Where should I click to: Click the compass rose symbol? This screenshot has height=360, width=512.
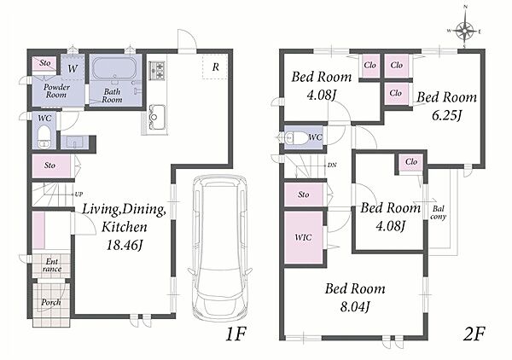465,32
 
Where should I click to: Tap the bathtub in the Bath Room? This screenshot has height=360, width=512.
114,68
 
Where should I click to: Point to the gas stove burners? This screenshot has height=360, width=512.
157,71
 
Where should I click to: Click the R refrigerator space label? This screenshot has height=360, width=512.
216,67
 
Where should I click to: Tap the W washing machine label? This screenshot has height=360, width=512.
73,68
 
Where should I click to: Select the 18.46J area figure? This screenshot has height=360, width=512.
125,245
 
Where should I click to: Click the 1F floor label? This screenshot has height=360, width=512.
236,334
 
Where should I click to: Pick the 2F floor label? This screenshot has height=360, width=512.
475,334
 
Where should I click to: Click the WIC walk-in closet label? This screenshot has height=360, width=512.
303,237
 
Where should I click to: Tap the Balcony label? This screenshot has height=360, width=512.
439,212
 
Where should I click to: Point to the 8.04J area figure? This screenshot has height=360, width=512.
355,307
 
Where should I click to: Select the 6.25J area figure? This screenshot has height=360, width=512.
446,115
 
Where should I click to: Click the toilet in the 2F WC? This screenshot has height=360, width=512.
295,137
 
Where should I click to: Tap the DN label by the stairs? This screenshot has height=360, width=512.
332,165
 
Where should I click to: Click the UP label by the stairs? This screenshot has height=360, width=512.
79,195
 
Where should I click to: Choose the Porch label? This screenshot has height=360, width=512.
51,303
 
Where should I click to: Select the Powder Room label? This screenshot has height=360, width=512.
56,91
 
